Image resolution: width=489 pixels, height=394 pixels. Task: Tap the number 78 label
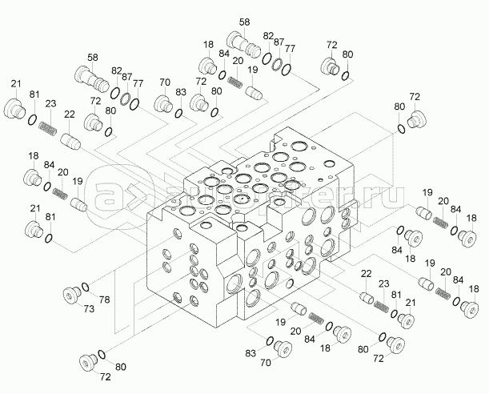click(x=104, y=300)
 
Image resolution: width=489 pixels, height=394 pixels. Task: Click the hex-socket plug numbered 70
click(x=285, y=347)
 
